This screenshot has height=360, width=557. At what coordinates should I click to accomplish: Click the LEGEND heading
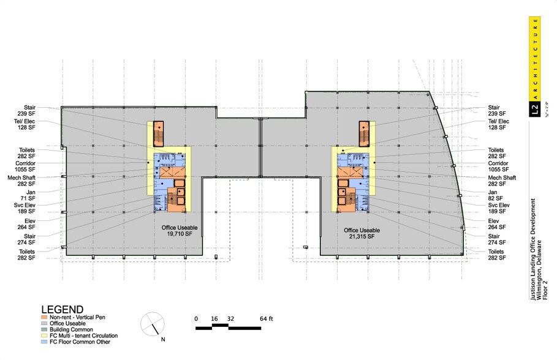click(62, 310)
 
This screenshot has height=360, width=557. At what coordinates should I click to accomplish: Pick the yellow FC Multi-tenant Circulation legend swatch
click(44, 336)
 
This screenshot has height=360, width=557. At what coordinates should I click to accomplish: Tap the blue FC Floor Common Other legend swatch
click(44, 341)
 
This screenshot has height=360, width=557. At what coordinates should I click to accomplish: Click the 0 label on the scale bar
click(196, 319)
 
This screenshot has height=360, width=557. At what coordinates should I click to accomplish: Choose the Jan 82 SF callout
click(496, 195)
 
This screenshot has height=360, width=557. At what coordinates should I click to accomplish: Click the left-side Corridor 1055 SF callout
click(26, 167)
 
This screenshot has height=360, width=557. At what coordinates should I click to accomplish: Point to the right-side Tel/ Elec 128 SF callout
click(497, 124)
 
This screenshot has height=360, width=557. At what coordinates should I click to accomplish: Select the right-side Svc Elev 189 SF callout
click(496, 209)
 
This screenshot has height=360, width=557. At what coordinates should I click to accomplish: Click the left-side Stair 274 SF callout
click(26, 238)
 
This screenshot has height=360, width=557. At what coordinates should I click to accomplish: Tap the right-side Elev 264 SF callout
click(496, 223)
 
